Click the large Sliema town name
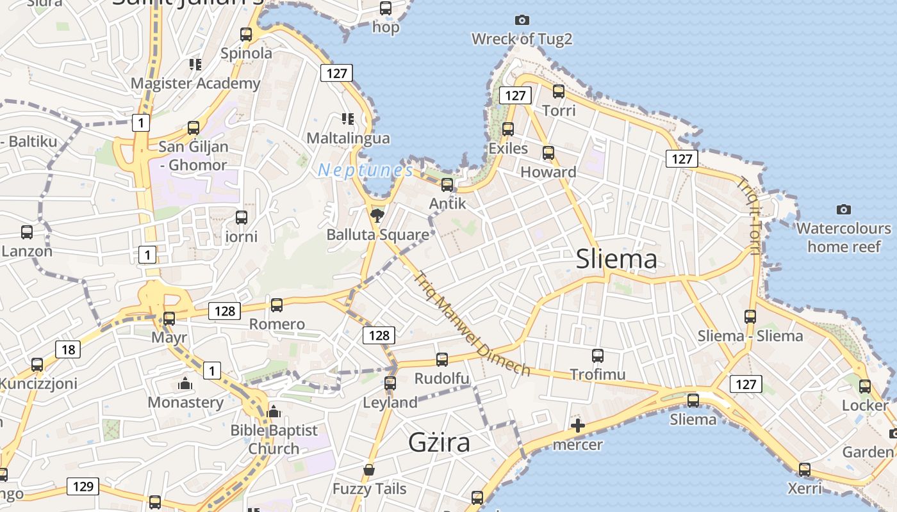pos(616,259)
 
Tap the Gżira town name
pos(439,442)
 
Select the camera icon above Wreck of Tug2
pos(522,20)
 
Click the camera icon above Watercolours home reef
pos(844,209)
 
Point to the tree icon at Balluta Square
pos(377,215)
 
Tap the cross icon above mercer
pos(577,426)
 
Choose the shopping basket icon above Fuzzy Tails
pos(369,470)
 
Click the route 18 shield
pos(68,349)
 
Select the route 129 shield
pos(83,486)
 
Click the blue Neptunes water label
pos(366,170)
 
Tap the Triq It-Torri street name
pos(748,215)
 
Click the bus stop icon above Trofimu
pos(598,355)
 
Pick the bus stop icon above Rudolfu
pos(442,359)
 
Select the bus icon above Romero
pos(277,305)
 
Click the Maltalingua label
pos(348,138)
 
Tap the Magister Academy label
pos(195,83)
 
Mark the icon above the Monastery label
pos(185,384)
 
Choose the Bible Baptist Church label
pos(274,439)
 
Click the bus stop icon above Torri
pos(559,92)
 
